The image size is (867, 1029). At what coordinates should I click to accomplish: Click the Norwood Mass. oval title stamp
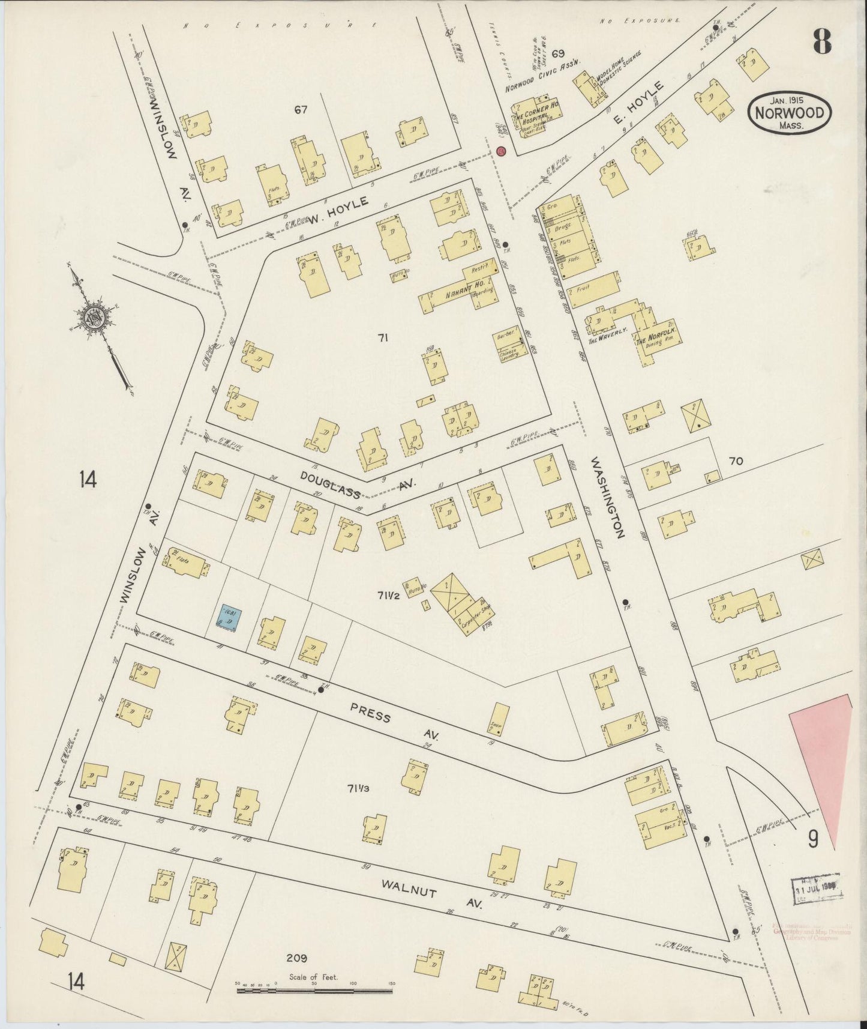[x=790, y=112]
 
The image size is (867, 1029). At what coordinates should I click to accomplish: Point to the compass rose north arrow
[x=99, y=324]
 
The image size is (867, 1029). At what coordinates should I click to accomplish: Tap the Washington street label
[x=608, y=497]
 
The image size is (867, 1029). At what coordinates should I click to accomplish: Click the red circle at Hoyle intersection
[x=502, y=151]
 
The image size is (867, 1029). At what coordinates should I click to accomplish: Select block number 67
[x=301, y=109]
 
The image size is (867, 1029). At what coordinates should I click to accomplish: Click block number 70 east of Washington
[x=736, y=461]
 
